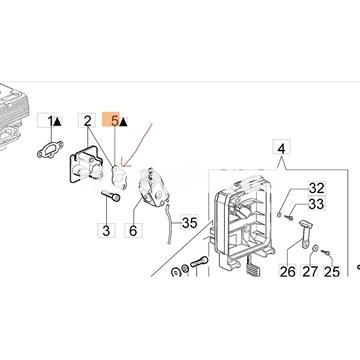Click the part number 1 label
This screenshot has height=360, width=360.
(x=51, y=121)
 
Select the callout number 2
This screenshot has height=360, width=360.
(x=87, y=121)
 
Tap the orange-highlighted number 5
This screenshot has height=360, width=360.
(x=114, y=121)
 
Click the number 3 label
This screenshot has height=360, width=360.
(x=106, y=231)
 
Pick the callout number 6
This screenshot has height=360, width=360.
(x=133, y=231)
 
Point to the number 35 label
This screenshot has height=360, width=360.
(x=189, y=223)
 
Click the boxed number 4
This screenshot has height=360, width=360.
(x=281, y=149)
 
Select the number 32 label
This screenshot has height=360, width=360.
(x=316, y=189)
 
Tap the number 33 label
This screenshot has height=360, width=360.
(x=316, y=204)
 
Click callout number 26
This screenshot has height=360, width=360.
(x=288, y=272)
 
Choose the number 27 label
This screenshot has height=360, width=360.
(x=310, y=272)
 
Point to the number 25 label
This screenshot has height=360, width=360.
(x=332, y=272)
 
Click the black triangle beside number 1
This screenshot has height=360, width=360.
(x=58, y=122)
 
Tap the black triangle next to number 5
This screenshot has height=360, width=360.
(x=123, y=122)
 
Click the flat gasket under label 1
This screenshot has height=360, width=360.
(x=50, y=150)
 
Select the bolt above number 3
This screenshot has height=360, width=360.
(x=111, y=195)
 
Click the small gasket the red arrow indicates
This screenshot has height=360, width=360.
(x=120, y=177)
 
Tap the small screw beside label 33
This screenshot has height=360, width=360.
(x=289, y=217)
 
